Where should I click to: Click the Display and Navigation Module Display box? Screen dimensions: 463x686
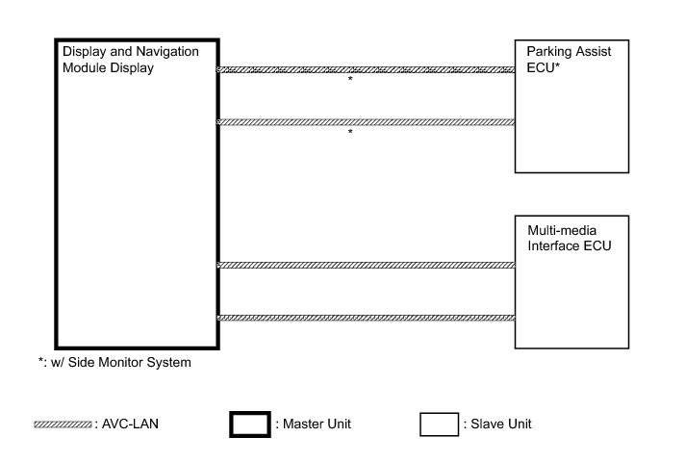point(138,193)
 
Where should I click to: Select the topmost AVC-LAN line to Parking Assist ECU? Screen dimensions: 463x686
point(367,69)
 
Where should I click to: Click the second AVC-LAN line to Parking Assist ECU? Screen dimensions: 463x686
point(367,121)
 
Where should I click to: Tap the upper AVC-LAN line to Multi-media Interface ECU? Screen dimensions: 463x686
point(367,265)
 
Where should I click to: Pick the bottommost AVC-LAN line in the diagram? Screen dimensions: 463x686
point(367,318)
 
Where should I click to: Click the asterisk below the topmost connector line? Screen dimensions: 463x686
point(350,81)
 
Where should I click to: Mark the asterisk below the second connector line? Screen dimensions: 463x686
point(350,133)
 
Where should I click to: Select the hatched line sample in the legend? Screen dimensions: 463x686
point(64,424)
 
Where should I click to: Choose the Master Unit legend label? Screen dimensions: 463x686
point(313,424)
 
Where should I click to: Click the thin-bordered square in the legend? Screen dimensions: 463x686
point(438,424)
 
